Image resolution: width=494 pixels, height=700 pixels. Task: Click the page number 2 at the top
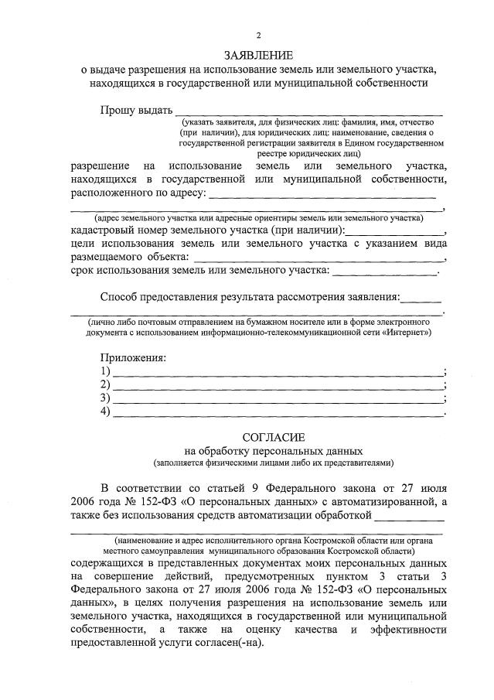(259, 36)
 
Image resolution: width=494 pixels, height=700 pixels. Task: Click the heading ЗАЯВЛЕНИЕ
(259, 55)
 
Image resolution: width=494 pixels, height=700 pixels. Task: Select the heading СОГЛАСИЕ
(259, 437)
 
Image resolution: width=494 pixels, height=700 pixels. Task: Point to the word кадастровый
(103, 230)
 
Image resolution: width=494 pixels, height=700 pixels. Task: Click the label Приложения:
(133, 358)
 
